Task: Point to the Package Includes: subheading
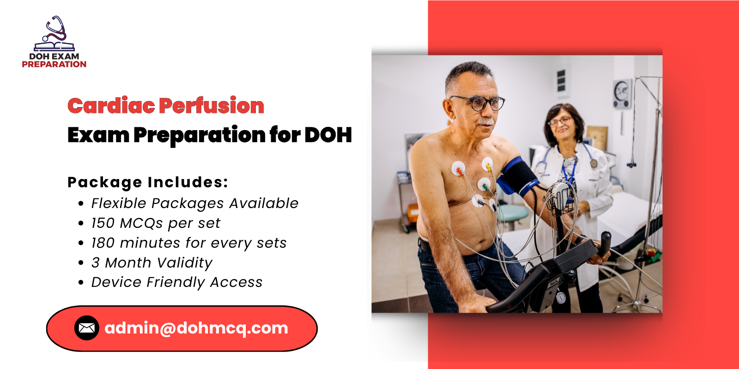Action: (148, 182)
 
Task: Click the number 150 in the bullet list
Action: (103, 223)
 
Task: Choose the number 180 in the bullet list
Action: (103, 243)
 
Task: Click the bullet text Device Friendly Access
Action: (177, 282)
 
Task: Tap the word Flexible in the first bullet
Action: (118, 203)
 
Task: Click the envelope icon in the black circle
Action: (87, 328)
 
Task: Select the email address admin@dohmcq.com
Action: (196, 328)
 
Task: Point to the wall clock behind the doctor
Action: (622, 93)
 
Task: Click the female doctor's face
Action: (561, 124)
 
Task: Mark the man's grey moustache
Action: (485, 122)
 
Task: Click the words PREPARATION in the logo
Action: (54, 65)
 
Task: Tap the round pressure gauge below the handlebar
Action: (560, 298)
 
